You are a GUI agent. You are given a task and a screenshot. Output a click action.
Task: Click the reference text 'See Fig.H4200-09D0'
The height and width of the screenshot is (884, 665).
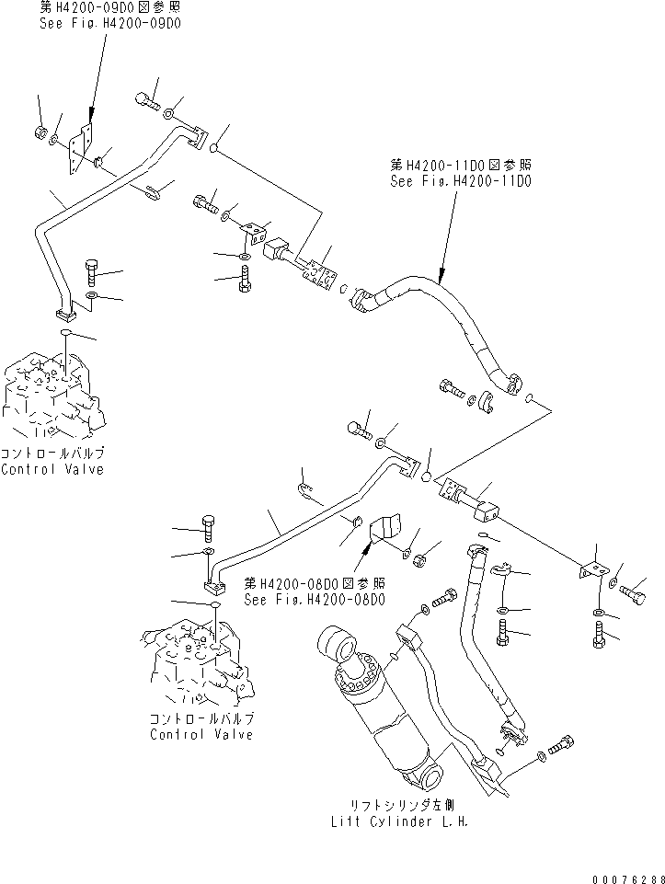109,21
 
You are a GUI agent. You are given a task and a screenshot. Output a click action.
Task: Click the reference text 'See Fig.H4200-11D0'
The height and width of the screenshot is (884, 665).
460,181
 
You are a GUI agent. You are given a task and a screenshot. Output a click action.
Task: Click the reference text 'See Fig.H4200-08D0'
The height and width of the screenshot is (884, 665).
315,599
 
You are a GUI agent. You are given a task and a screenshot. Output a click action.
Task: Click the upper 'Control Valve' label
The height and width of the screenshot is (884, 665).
52,469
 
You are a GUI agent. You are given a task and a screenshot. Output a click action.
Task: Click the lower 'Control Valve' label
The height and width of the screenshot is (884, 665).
201,734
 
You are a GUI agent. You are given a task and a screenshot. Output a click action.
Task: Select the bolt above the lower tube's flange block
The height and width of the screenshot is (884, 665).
208,529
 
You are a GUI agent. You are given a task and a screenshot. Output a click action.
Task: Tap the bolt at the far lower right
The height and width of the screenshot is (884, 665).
600,635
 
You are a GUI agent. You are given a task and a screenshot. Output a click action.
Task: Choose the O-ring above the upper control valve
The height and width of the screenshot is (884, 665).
67,331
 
